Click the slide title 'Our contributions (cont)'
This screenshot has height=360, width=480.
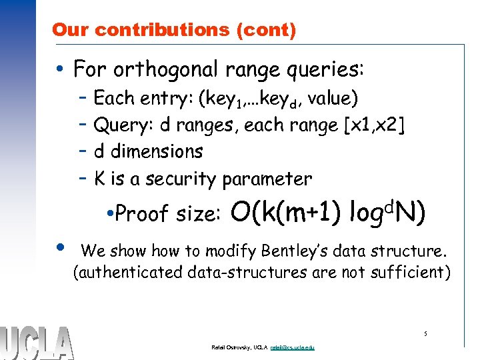coord(174,30)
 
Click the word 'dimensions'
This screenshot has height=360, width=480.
coord(157,152)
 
